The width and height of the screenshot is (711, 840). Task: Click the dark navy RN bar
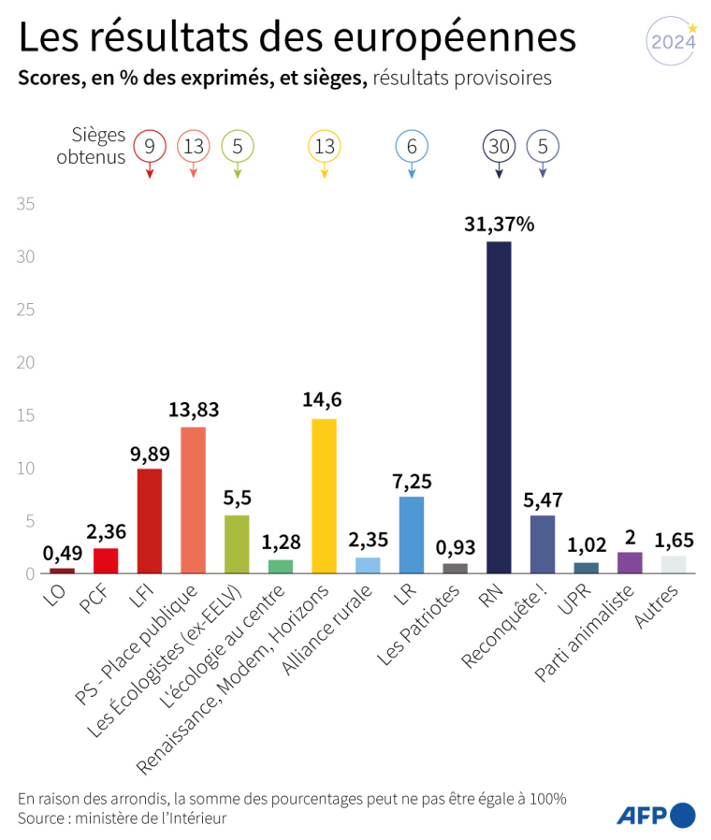pos(499,407)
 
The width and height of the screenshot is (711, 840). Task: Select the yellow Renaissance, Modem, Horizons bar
pos(324,496)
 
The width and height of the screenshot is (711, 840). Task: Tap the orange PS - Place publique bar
pos(193,500)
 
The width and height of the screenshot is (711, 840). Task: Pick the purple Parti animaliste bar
pos(630,562)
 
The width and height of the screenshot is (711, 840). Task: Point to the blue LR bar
pos(412,534)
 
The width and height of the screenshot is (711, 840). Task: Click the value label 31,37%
pos(499,224)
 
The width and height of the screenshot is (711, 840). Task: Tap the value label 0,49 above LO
pos(62,552)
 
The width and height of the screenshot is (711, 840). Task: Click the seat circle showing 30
pos(499,146)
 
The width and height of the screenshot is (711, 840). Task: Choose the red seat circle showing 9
pos(150,146)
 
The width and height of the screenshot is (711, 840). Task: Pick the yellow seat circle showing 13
pos(324,146)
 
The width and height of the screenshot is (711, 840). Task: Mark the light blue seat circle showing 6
pos(412,146)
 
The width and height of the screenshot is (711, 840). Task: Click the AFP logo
pos(655,814)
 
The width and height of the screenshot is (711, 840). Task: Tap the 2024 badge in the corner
pos(673,42)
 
